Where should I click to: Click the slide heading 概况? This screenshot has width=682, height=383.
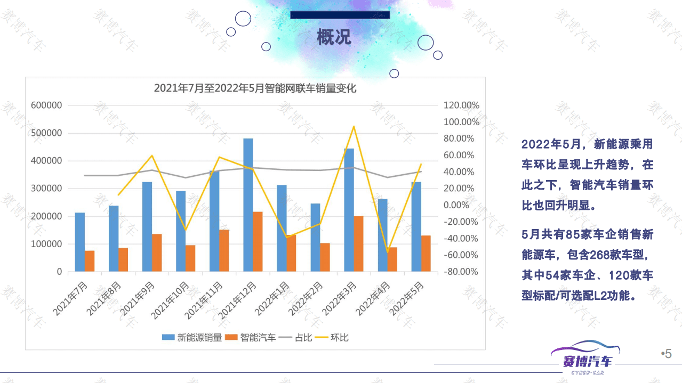tap(334, 38)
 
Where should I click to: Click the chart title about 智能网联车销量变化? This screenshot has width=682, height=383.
tap(255, 88)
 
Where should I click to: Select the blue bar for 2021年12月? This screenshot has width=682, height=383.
tap(248, 205)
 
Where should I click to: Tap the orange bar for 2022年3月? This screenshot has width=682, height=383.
tap(358, 243)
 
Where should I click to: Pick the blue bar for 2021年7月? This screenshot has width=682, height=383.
tap(80, 242)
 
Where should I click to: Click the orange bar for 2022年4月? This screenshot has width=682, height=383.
tap(392, 259)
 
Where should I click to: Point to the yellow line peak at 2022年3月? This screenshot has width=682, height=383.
tap(354, 127)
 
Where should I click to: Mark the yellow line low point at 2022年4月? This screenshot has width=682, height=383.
tap(387, 252)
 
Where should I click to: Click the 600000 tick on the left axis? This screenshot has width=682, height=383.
tap(46, 105)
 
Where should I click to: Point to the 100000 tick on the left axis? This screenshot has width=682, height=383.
tap(46, 244)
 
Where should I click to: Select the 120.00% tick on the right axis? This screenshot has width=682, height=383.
tap(461, 105)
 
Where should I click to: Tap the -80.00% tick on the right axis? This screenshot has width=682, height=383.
tap(461, 272)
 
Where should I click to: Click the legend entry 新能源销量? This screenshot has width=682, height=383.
tap(192, 337)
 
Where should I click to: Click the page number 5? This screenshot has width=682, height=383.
tap(668, 354)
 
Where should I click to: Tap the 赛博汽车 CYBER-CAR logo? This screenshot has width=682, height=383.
tap(585, 360)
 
